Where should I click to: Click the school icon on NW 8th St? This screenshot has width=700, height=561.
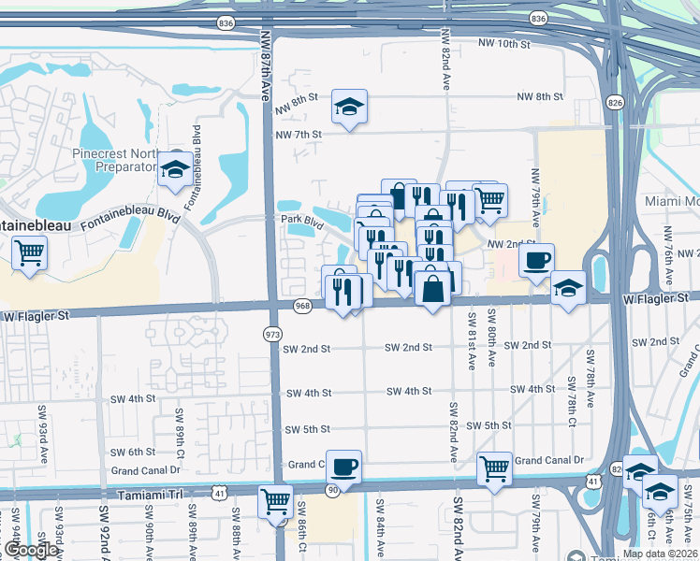coord(349,107)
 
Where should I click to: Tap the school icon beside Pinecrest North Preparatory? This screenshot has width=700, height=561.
coord(174,168)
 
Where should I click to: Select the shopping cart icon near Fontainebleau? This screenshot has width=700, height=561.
coord(30,252)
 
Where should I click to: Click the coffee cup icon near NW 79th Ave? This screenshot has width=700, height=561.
coord(536,260)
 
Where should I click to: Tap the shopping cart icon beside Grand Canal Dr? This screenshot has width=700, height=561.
coord(494,467)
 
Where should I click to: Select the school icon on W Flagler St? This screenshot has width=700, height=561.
coord(567,287)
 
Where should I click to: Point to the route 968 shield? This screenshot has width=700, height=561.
coord(302,306)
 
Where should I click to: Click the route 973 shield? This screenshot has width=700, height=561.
coord(272,334)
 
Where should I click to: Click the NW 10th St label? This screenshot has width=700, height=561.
coord(504,43)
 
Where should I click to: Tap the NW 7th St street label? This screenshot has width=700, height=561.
coord(299,135)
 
